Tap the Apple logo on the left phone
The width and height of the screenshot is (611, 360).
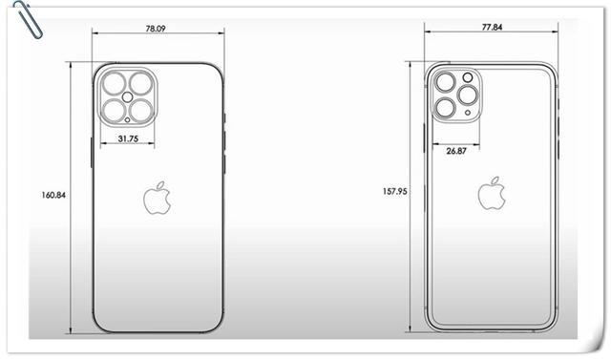(x=158, y=200)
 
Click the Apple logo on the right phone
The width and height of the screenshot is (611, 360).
(x=493, y=193)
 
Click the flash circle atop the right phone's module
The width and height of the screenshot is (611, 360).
(x=468, y=76)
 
